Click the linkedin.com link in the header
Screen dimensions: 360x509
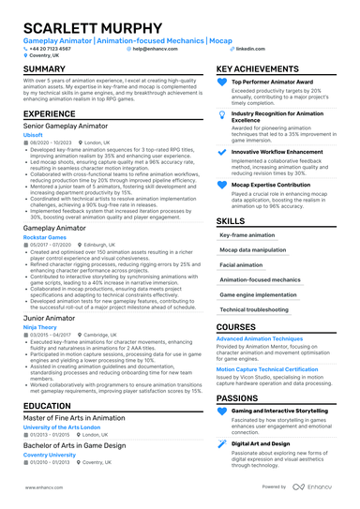coord(249,48)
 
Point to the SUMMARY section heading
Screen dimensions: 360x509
coord(44,69)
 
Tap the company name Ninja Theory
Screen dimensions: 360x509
coord(39,327)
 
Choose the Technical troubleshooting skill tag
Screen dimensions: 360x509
coord(254,308)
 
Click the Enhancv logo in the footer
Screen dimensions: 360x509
coord(322,487)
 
